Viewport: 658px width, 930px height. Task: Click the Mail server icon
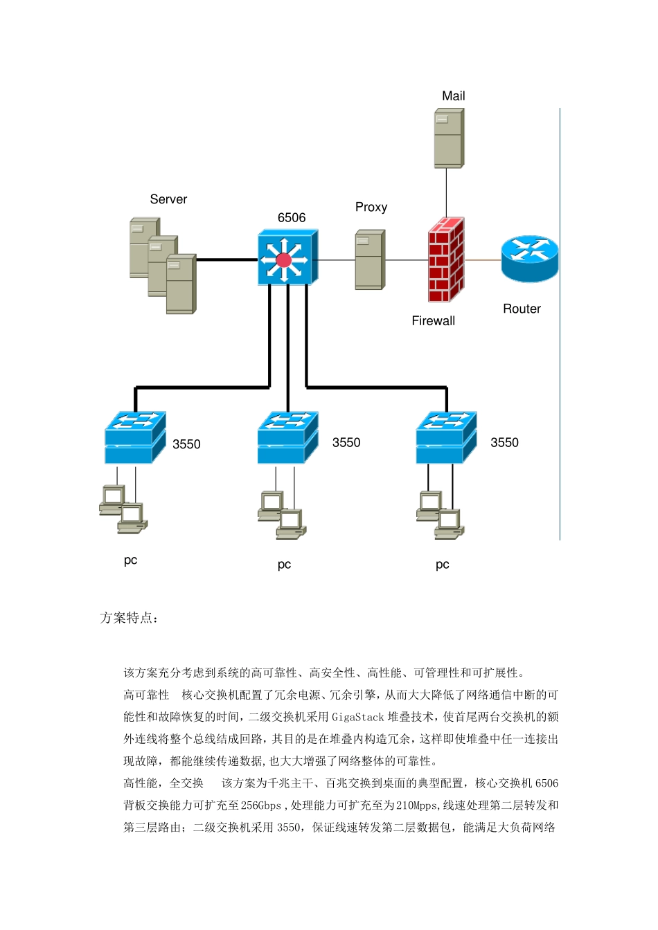pos(448,138)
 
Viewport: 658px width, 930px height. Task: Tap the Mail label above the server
pos(454,96)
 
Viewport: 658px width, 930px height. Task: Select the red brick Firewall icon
pos(445,260)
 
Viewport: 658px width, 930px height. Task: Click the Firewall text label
pos(434,321)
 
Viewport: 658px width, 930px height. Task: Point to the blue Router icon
pos(529,258)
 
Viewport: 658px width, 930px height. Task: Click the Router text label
pos(522,309)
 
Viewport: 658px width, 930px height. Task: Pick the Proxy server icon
pos(370,260)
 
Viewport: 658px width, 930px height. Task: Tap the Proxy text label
pos(371,208)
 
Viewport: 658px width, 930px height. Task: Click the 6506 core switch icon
pos(287,258)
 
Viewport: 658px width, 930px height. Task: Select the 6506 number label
pos(292,218)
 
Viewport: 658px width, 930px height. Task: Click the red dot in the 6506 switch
pos(283,260)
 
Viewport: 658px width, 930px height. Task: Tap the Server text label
pos(168,200)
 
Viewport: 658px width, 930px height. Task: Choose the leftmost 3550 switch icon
pos(134,438)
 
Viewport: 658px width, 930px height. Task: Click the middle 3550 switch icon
pos(287,438)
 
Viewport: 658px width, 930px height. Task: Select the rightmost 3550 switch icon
pos(445,438)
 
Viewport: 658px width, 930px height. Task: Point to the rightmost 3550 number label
pos(504,443)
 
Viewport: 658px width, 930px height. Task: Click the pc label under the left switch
pos(130,560)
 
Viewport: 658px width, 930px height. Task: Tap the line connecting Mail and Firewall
pos(446,192)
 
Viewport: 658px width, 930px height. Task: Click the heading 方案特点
pos(129,618)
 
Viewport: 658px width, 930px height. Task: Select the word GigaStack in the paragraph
pos(357,718)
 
